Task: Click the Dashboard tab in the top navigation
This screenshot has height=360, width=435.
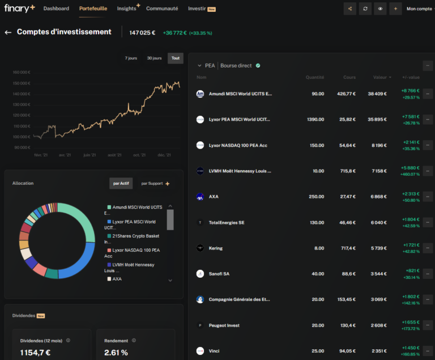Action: (x=56, y=9)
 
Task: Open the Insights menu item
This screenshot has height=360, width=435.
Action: (x=126, y=9)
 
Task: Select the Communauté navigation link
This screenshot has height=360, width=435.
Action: (x=162, y=9)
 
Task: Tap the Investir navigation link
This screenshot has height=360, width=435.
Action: (x=197, y=9)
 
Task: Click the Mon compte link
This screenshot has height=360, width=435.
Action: (x=419, y=9)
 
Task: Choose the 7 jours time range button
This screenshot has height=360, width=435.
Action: (x=131, y=58)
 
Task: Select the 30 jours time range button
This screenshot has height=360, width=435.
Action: (x=154, y=58)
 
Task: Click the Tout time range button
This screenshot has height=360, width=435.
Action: (x=176, y=58)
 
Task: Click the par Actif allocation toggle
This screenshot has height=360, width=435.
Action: (x=121, y=184)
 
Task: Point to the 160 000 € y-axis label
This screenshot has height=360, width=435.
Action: (x=21, y=72)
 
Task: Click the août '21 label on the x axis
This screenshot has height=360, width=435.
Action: (x=115, y=155)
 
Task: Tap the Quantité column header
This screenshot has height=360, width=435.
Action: (x=315, y=77)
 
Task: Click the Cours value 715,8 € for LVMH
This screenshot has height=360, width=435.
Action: (x=347, y=171)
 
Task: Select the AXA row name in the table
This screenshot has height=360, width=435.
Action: (x=214, y=197)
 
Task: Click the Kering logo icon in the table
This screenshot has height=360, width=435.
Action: (x=200, y=248)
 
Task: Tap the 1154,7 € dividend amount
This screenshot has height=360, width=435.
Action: (x=35, y=352)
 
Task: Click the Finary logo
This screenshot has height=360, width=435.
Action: (x=20, y=8)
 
